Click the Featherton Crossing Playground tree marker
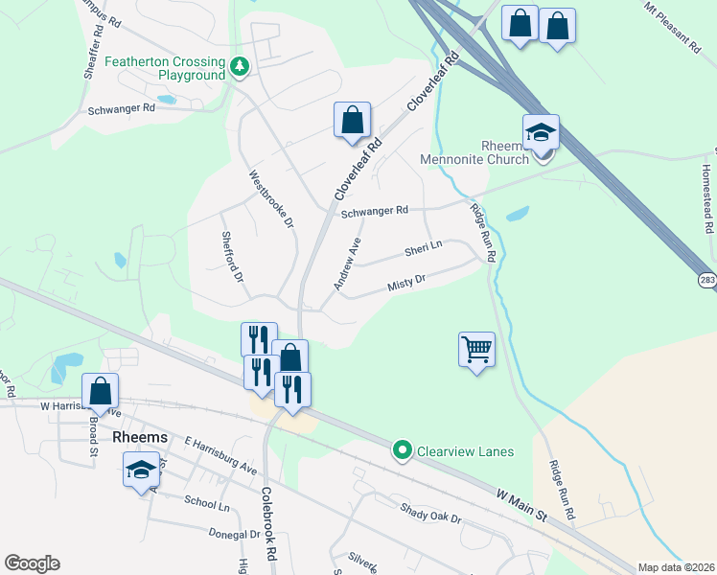(x=239, y=67)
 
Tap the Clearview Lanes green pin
(x=403, y=449)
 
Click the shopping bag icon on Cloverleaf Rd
(x=352, y=120)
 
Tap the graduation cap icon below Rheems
(x=141, y=469)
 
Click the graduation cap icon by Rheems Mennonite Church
(x=541, y=132)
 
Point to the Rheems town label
(x=140, y=437)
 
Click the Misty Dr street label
(x=405, y=286)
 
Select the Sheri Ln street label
(x=423, y=249)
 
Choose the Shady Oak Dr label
(x=430, y=513)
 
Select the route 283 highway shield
(x=707, y=280)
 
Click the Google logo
(x=32, y=563)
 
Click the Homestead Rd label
(x=706, y=198)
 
